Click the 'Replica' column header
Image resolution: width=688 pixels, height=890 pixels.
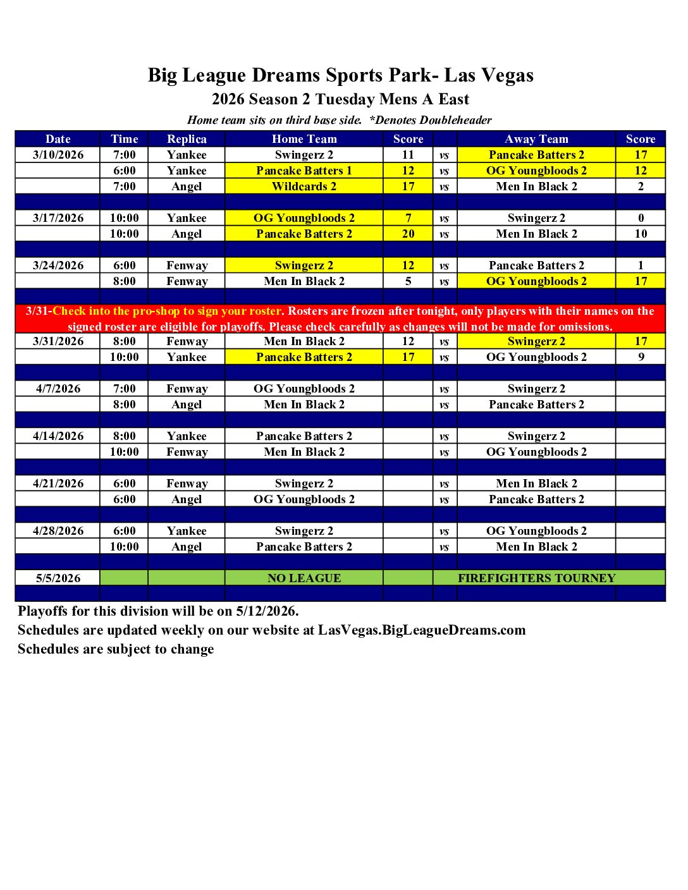187,139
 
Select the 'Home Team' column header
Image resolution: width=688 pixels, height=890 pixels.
304,139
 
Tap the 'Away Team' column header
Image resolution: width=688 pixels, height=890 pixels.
536,139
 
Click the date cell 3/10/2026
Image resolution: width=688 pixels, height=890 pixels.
58,155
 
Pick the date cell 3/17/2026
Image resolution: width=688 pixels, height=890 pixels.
58,218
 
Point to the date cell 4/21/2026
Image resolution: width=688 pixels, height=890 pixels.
58,484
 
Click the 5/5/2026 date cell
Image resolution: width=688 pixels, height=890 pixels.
58,578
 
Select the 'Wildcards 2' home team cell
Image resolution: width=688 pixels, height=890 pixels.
304,186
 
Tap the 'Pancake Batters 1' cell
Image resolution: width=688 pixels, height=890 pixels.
304,171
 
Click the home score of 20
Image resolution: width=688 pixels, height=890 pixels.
408,234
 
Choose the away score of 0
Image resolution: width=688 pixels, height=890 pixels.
641,218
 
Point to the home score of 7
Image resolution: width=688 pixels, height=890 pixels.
408,218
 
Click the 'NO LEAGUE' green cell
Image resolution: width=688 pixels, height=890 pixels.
304,578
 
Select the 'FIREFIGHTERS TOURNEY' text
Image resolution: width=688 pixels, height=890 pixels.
536,578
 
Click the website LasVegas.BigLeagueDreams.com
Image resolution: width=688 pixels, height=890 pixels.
422,630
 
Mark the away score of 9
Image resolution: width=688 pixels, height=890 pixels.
641,357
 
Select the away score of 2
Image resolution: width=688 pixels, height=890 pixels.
641,186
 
